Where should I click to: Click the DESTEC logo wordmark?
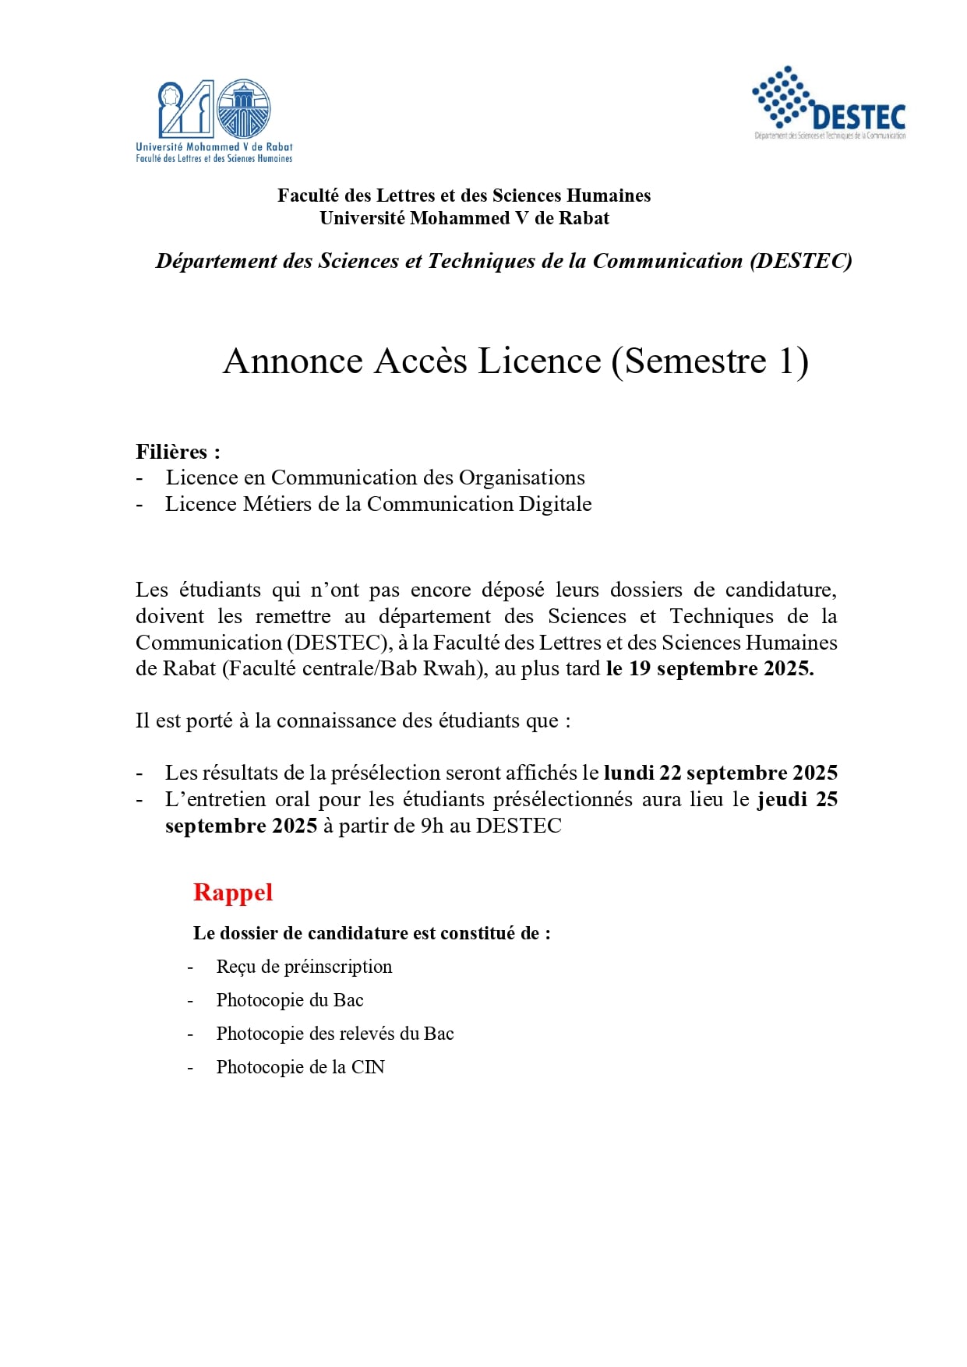[858, 118]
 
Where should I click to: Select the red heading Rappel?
[233, 892]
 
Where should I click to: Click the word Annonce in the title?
[293, 361]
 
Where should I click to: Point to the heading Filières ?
[178, 452]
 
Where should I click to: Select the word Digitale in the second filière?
[556, 504]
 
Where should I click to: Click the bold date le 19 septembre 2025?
[710, 668]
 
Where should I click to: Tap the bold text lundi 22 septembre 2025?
[721, 773]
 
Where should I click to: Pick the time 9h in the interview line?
[432, 826]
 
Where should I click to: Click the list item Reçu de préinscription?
[304, 967]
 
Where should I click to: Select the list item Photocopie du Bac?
[290, 1000]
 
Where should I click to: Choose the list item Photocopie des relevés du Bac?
[335, 1034]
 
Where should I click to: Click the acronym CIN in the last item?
[368, 1067]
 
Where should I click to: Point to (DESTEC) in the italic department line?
[801, 261]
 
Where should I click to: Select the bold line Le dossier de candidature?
[372, 933]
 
